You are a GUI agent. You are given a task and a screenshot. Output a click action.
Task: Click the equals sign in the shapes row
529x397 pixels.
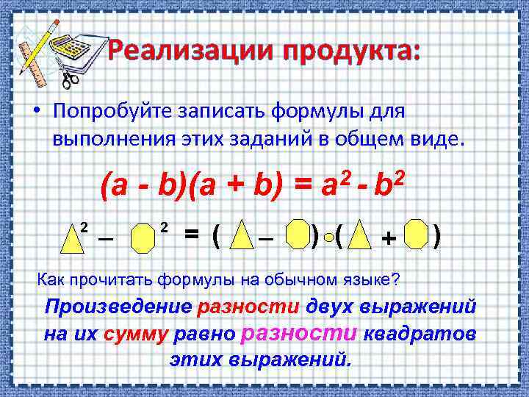coord(191,234)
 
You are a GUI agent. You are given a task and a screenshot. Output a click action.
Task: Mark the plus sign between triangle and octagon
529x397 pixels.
coord(388,237)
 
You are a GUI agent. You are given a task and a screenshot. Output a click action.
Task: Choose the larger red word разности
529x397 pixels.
coord(299,333)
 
